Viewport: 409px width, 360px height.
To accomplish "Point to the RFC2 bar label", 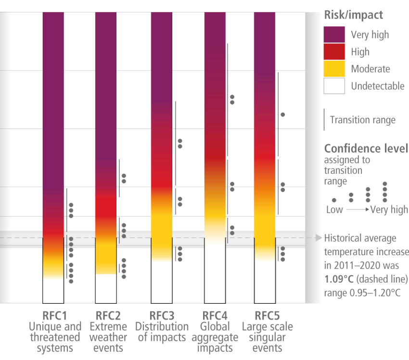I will pos(108,316).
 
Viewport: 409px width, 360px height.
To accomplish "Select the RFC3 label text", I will pos(162,316).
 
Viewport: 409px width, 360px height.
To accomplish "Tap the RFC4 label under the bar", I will pos(215,316).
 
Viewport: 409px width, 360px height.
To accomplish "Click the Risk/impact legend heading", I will pos(354,15).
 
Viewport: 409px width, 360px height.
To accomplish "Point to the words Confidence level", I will pos(366,149).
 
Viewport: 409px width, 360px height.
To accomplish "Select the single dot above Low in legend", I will pos(334,200).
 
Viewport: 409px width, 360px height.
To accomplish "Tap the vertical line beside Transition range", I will pos(325,119).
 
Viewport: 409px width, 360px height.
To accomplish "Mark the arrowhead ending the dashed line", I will pos(318,238).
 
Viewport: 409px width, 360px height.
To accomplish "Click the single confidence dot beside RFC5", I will pos(283,115).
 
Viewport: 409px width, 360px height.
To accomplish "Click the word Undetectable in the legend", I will pos(378,86).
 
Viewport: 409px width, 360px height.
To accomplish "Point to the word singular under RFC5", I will pos(267,337).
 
